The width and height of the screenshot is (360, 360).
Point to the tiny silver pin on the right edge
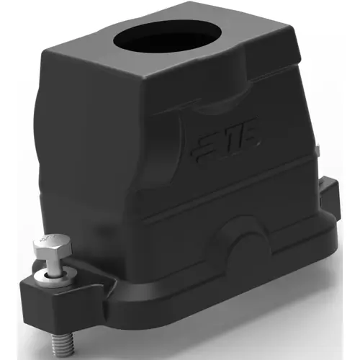pos(317,152)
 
